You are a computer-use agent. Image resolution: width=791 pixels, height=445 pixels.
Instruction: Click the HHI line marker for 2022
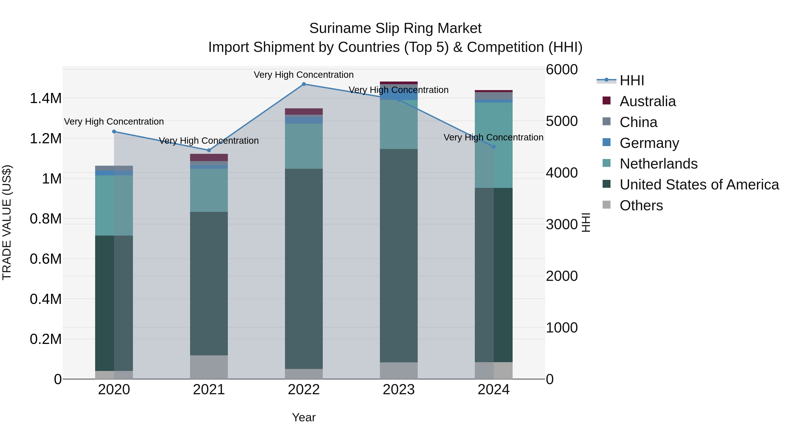click(304, 84)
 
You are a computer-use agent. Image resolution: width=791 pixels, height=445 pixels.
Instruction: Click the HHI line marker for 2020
click(114, 131)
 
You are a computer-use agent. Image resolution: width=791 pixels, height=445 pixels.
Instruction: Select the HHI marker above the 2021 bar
click(209, 150)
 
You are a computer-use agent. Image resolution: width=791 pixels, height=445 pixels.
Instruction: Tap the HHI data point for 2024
click(493, 147)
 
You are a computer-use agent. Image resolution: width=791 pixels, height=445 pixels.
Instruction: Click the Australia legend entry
click(647, 101)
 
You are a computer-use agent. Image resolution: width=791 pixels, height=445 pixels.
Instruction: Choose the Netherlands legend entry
click(658, 164)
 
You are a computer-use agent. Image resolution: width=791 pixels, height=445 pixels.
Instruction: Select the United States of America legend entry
click(699, 185)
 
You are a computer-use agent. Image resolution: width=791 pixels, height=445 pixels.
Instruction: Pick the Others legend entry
click(641, 205)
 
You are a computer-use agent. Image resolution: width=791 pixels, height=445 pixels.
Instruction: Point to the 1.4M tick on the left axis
click(45, 99)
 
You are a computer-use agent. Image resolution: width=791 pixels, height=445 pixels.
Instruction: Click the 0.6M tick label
click(45, 259)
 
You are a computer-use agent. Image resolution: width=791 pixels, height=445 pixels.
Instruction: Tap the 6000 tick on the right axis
click(562, 69)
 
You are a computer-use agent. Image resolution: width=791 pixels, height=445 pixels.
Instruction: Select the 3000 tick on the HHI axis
click(562, 225)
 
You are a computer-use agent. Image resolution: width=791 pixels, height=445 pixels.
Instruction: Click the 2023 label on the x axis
click(399, 390)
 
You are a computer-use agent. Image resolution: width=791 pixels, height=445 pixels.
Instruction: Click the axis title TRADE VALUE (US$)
click(7, 222)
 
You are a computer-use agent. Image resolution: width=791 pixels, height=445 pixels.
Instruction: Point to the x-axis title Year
click(304, 417)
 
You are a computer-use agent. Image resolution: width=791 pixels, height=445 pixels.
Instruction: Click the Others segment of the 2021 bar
click(209, 367)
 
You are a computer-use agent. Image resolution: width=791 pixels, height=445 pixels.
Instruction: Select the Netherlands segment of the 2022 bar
click(304, 146)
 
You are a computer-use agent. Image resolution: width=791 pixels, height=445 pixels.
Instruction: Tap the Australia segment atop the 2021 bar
click(209, 157)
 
